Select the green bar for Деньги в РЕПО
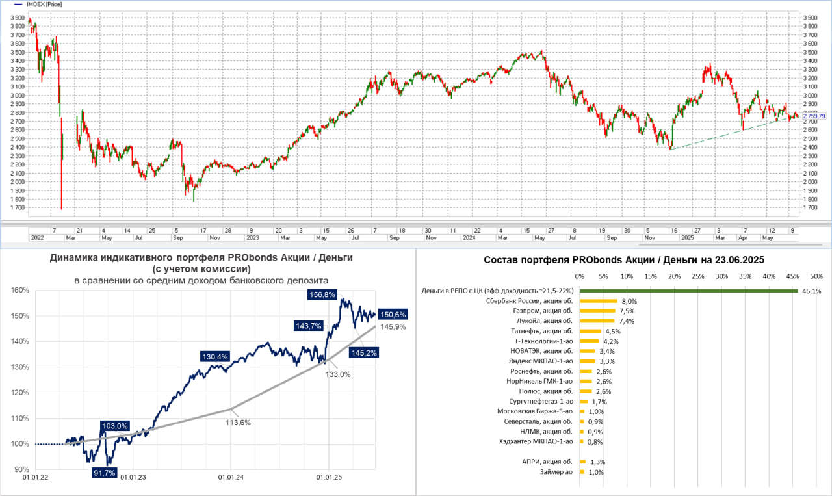(x=688, y=291)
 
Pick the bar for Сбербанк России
(x=598, y=301)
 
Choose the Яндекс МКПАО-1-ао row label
(x=542, y=361)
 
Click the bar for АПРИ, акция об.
(x=582, y=462)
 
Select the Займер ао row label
(x=556, y=472)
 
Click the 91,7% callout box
(x=104, y=473)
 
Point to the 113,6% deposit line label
(x=239, y=423)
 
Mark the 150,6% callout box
(x=393, y=315)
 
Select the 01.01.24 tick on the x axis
(x=231, y=478)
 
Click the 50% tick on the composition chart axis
(x=816, y=276)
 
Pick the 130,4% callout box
(x=215, y=356)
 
